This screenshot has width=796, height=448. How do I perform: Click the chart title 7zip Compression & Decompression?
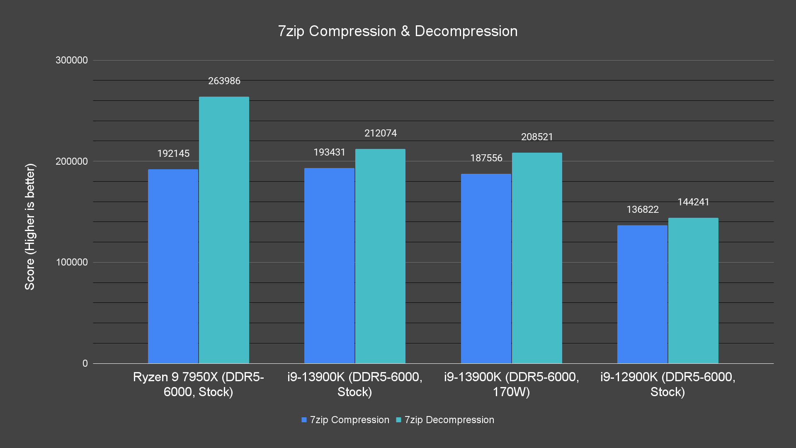click(x=398, y=31)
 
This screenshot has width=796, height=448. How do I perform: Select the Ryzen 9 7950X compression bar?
click(x=173, y=266)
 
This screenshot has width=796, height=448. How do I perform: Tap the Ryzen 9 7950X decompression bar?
click(x=224, y=230)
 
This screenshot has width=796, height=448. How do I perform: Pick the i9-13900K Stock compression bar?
click(x=329, y=265)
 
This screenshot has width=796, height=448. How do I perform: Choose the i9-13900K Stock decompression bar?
click(x=380, y=256)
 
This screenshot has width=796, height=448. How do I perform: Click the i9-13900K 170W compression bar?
click(x=486, y=268)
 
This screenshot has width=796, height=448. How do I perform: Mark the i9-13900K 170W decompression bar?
click(x=537, y=258)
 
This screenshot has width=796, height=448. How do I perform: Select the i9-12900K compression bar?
click(x=642, y=294)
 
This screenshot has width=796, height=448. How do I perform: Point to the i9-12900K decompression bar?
click(x=693, y=290)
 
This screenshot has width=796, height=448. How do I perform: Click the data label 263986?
click(x=224, y=81)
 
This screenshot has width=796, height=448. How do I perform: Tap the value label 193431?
click(x=329, y=152)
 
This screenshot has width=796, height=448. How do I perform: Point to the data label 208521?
click(x=537, y=137)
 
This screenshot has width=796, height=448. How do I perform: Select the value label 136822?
click(x=642, y=209)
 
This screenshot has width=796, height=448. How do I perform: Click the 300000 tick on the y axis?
click(x=72, y=60)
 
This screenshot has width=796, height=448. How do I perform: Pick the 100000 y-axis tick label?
click(x=72, y=262)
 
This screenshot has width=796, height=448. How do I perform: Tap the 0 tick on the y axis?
click(x=85, y=363)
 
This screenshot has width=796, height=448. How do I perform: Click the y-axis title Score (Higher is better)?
click(x=30, y=226)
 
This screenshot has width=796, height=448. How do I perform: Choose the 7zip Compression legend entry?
click(x=345, y=420)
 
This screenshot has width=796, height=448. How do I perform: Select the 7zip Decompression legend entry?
click(x=445, y=420)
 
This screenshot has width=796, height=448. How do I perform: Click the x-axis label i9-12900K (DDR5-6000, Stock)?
click(x=667, y=384)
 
